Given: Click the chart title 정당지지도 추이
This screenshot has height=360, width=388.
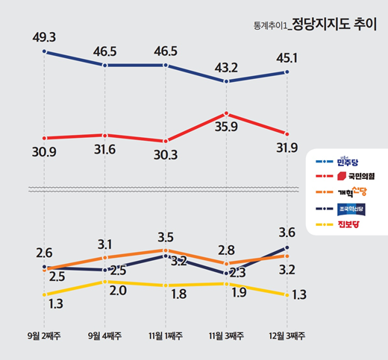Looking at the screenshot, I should [335, 23].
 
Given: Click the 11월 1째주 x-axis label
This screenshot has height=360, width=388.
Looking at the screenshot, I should [164, 336].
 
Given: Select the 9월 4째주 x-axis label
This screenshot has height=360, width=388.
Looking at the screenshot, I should [105, 336].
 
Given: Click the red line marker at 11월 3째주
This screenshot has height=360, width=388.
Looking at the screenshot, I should [226, 114].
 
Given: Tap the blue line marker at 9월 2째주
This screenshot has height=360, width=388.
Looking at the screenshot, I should [45, 51].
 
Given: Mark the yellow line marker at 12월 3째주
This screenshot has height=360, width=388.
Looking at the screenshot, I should [287, 295].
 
